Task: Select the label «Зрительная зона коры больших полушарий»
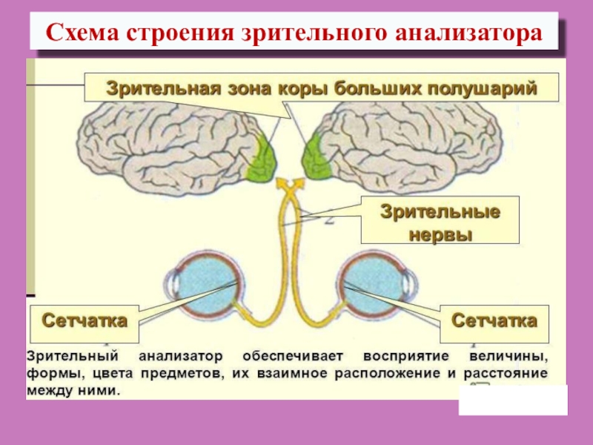(320, 88)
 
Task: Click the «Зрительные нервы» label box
(440, 221)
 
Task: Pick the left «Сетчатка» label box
(84, 321)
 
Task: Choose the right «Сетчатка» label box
(495, 321)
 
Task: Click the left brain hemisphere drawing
(170, 145)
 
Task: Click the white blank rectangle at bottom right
(513, 400)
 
